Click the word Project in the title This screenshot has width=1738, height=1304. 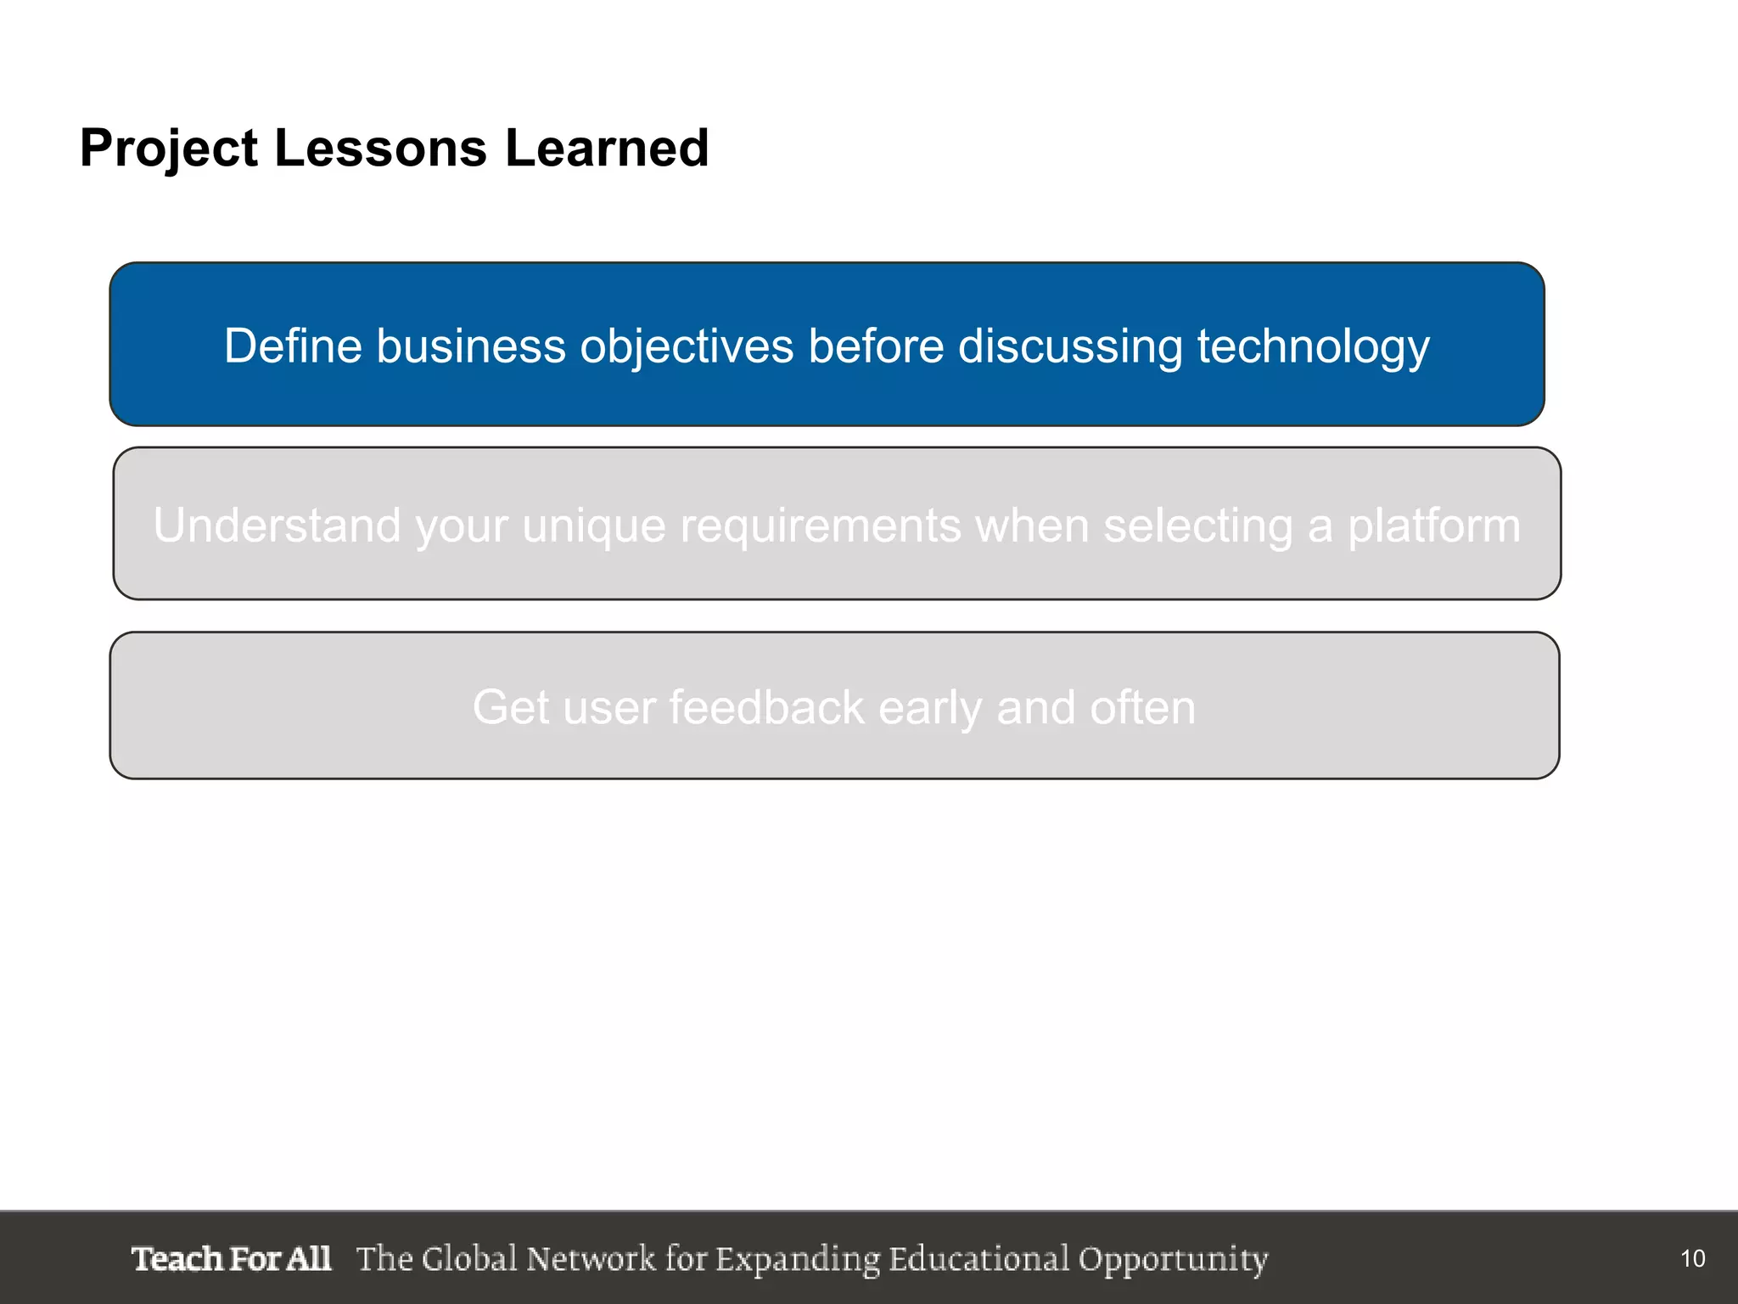coord(168,149)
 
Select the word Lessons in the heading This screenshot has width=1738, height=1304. coord(380,148)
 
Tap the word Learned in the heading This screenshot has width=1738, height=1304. coord(607,148)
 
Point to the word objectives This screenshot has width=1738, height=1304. coord(687,348)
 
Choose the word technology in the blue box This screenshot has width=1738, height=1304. coord(1313,348)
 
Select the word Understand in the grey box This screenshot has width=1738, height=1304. coord(276,525)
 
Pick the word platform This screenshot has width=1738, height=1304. coord(1434,526)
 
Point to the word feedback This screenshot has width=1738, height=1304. coord(766,707)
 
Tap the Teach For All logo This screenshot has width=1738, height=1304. coord(231,1258)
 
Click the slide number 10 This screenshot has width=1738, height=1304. coord(1692,1258)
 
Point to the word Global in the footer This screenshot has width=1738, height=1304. coord(468,1258)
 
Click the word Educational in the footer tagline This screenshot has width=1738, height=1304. coord(979,1258)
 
